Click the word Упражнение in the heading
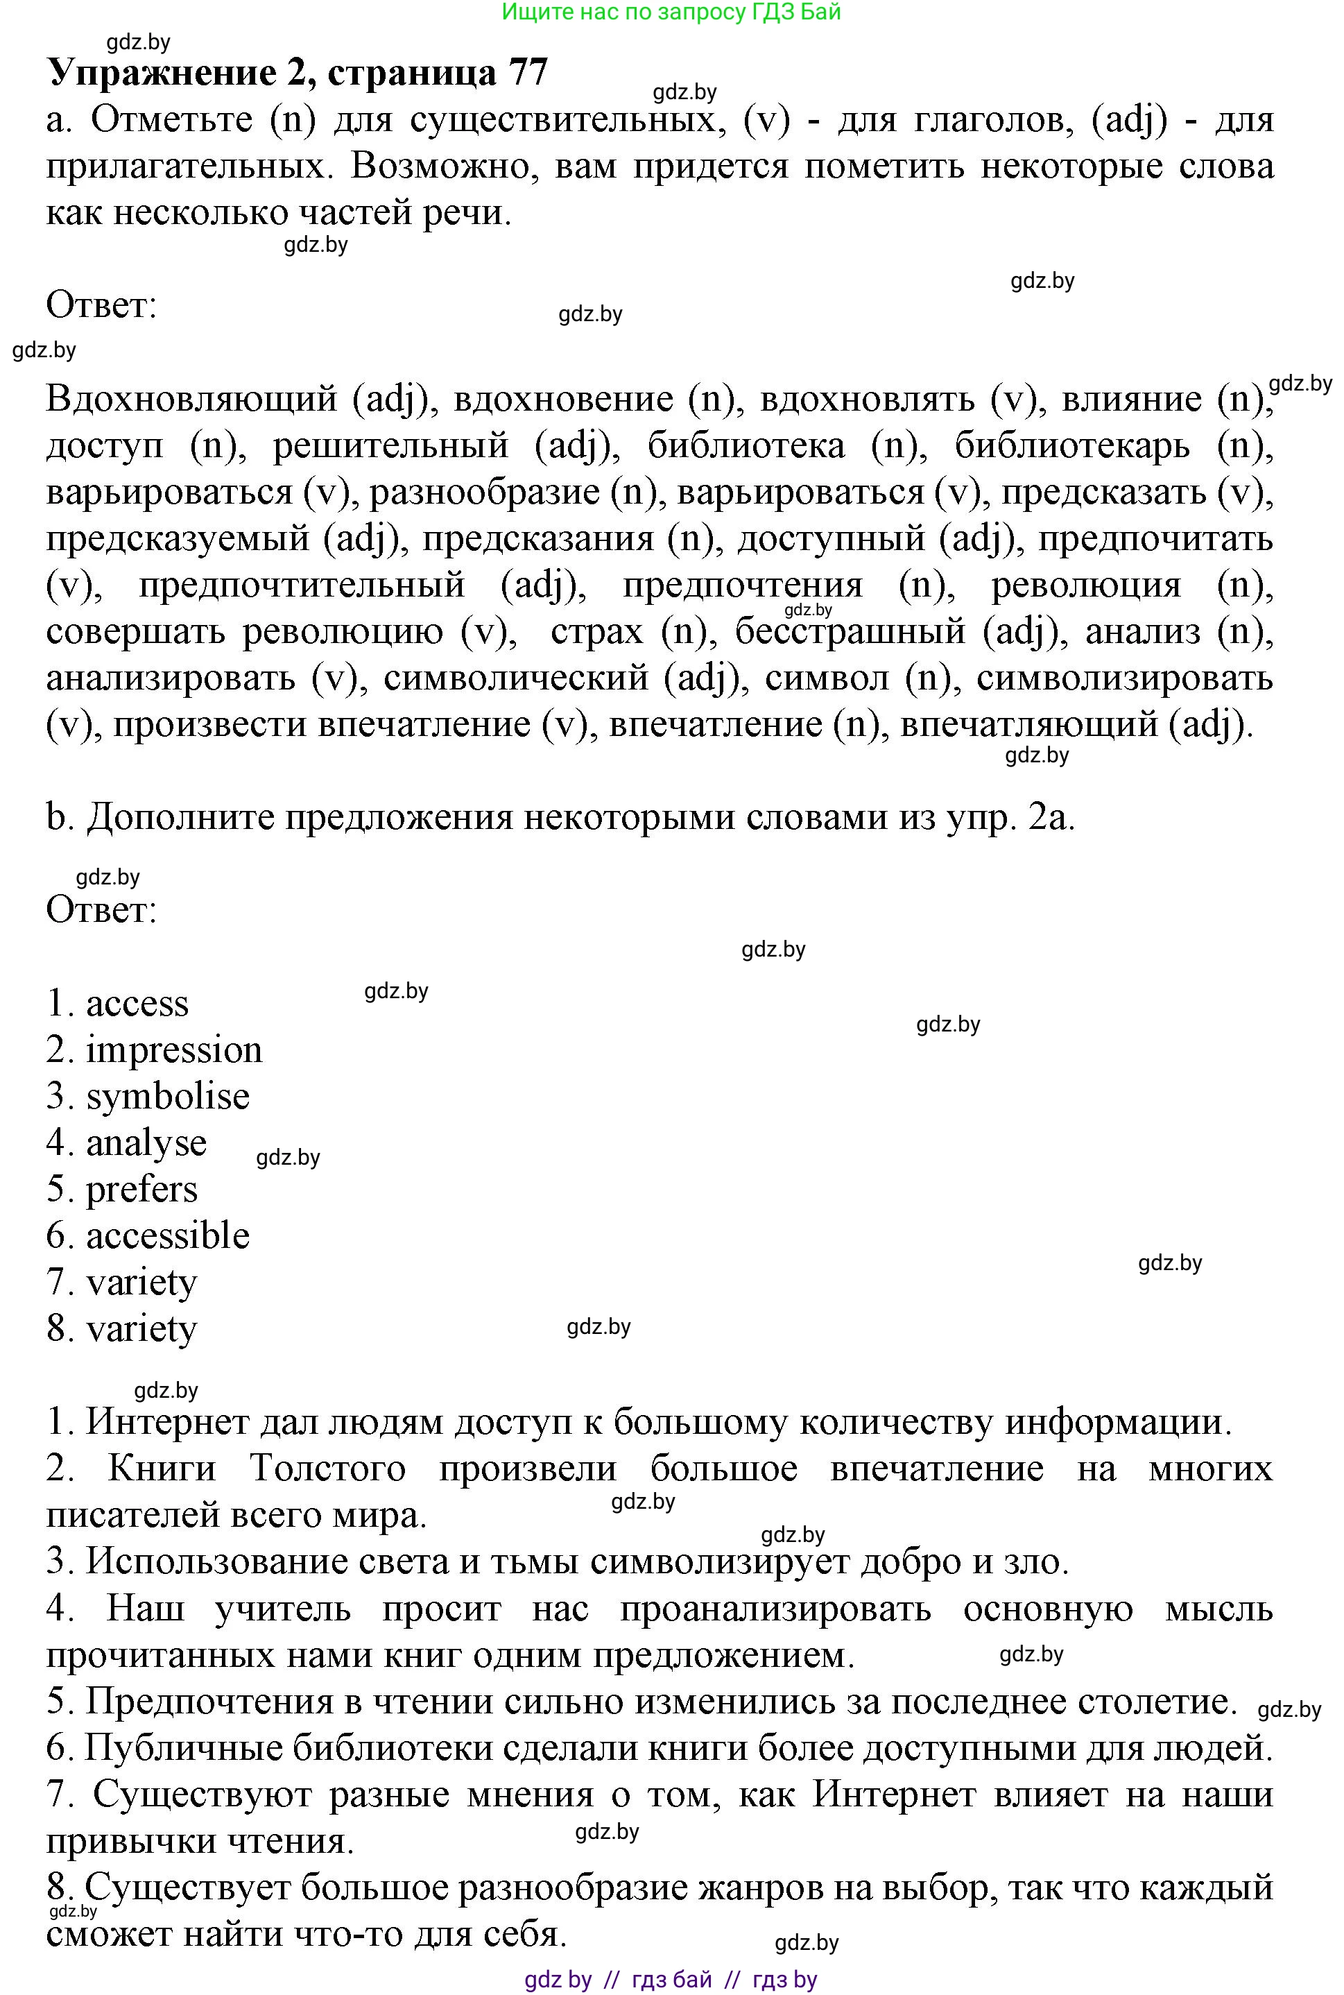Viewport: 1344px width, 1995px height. click(x=161, y=74)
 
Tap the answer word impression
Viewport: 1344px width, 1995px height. click(x=174, y=1051)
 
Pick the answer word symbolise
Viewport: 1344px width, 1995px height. click(x=168, y=1097)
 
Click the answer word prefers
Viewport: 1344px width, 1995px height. click(x=141, y=1190)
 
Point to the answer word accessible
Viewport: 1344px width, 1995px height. click(x=168, y=1236)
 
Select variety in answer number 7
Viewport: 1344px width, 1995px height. click(x=141, y=1283)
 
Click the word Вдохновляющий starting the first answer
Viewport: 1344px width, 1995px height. click(x=192, y=400)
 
